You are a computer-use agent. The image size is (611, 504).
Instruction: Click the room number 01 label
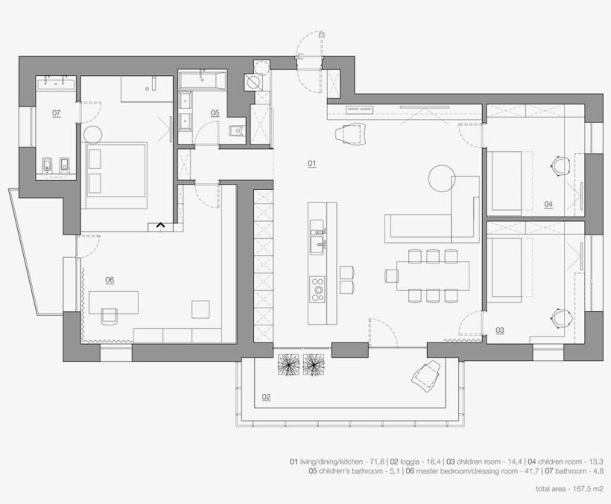click(x=312, y=162)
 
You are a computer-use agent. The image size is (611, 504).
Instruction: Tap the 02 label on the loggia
click(x=266, y=397)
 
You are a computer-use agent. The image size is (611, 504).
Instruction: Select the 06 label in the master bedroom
click(x=110, y=280)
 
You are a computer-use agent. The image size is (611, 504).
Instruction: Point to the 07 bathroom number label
click(x=56, y=112)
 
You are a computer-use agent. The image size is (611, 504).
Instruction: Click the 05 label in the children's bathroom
click(x=215, y=112)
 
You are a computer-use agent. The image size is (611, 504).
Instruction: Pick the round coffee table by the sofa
click(x=440, y=179)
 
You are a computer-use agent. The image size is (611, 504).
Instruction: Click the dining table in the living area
click(x=434, y=275)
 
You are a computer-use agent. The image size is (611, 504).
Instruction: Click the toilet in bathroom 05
click(x=235, y=133)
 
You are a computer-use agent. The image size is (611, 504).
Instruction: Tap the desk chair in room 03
click(x=562, y=317)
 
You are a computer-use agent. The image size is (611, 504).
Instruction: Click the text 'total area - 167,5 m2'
click(x=570, y=489)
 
